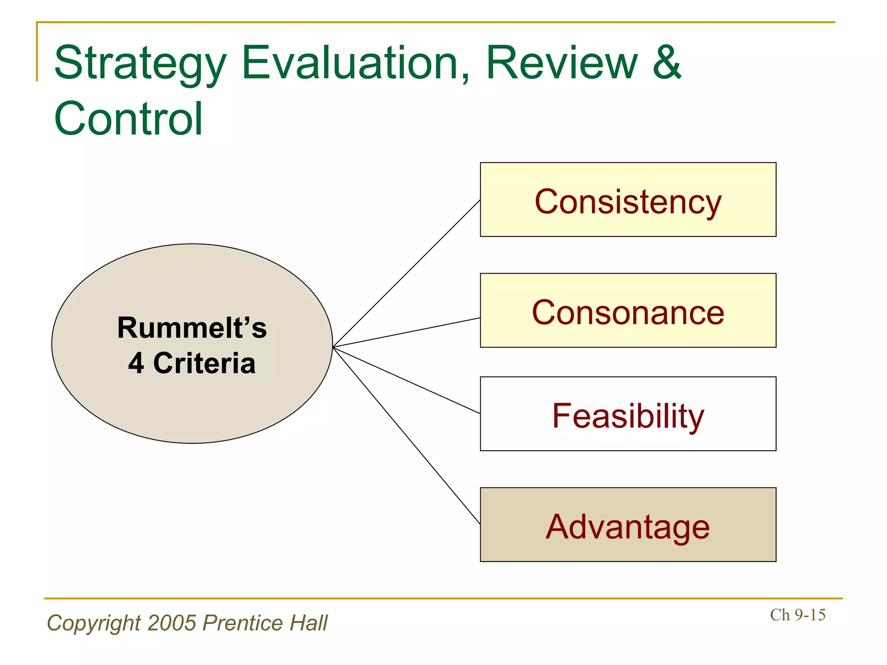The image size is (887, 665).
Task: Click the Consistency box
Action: click(x=628, y=200)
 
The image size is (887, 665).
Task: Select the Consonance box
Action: click(x=628, y=311)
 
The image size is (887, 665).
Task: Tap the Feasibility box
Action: click(x=628, y=414)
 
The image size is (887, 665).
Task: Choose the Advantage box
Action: click(x=628, y=525)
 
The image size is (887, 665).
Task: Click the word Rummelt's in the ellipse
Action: click(x=192, y=328)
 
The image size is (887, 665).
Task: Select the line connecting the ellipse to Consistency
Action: click(x=406, y=274)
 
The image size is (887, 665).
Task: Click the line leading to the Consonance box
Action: click(x=406, y=332)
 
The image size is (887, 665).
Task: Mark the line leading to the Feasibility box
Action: click(x=406, y=380)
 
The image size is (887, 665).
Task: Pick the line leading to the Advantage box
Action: click(x=406, y=435)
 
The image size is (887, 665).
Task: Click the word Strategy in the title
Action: click(x=140, y=64)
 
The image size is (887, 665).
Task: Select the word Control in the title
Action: click(x=128, y=119)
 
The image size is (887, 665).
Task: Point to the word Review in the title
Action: click(x=562, y=63)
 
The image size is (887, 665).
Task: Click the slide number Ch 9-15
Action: click(x=797, y=615)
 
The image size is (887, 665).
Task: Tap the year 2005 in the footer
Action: click(x=172, y=623)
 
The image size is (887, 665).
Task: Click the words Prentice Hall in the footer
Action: click(x=265, y=623)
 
